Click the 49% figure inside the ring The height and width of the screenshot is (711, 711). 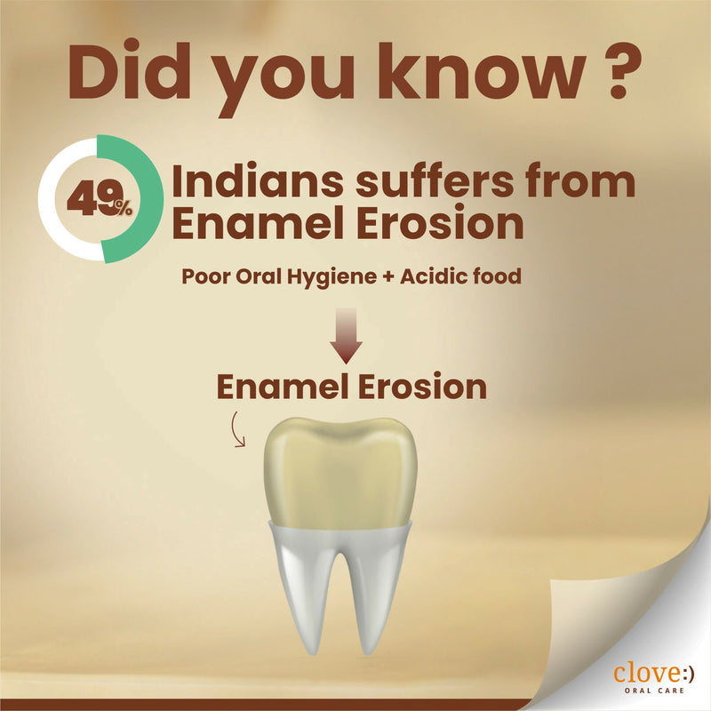click(x=98, y=200)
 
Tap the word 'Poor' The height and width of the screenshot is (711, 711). click(x=205, y=276)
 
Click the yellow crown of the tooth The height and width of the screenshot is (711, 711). click(x=342, y=471)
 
